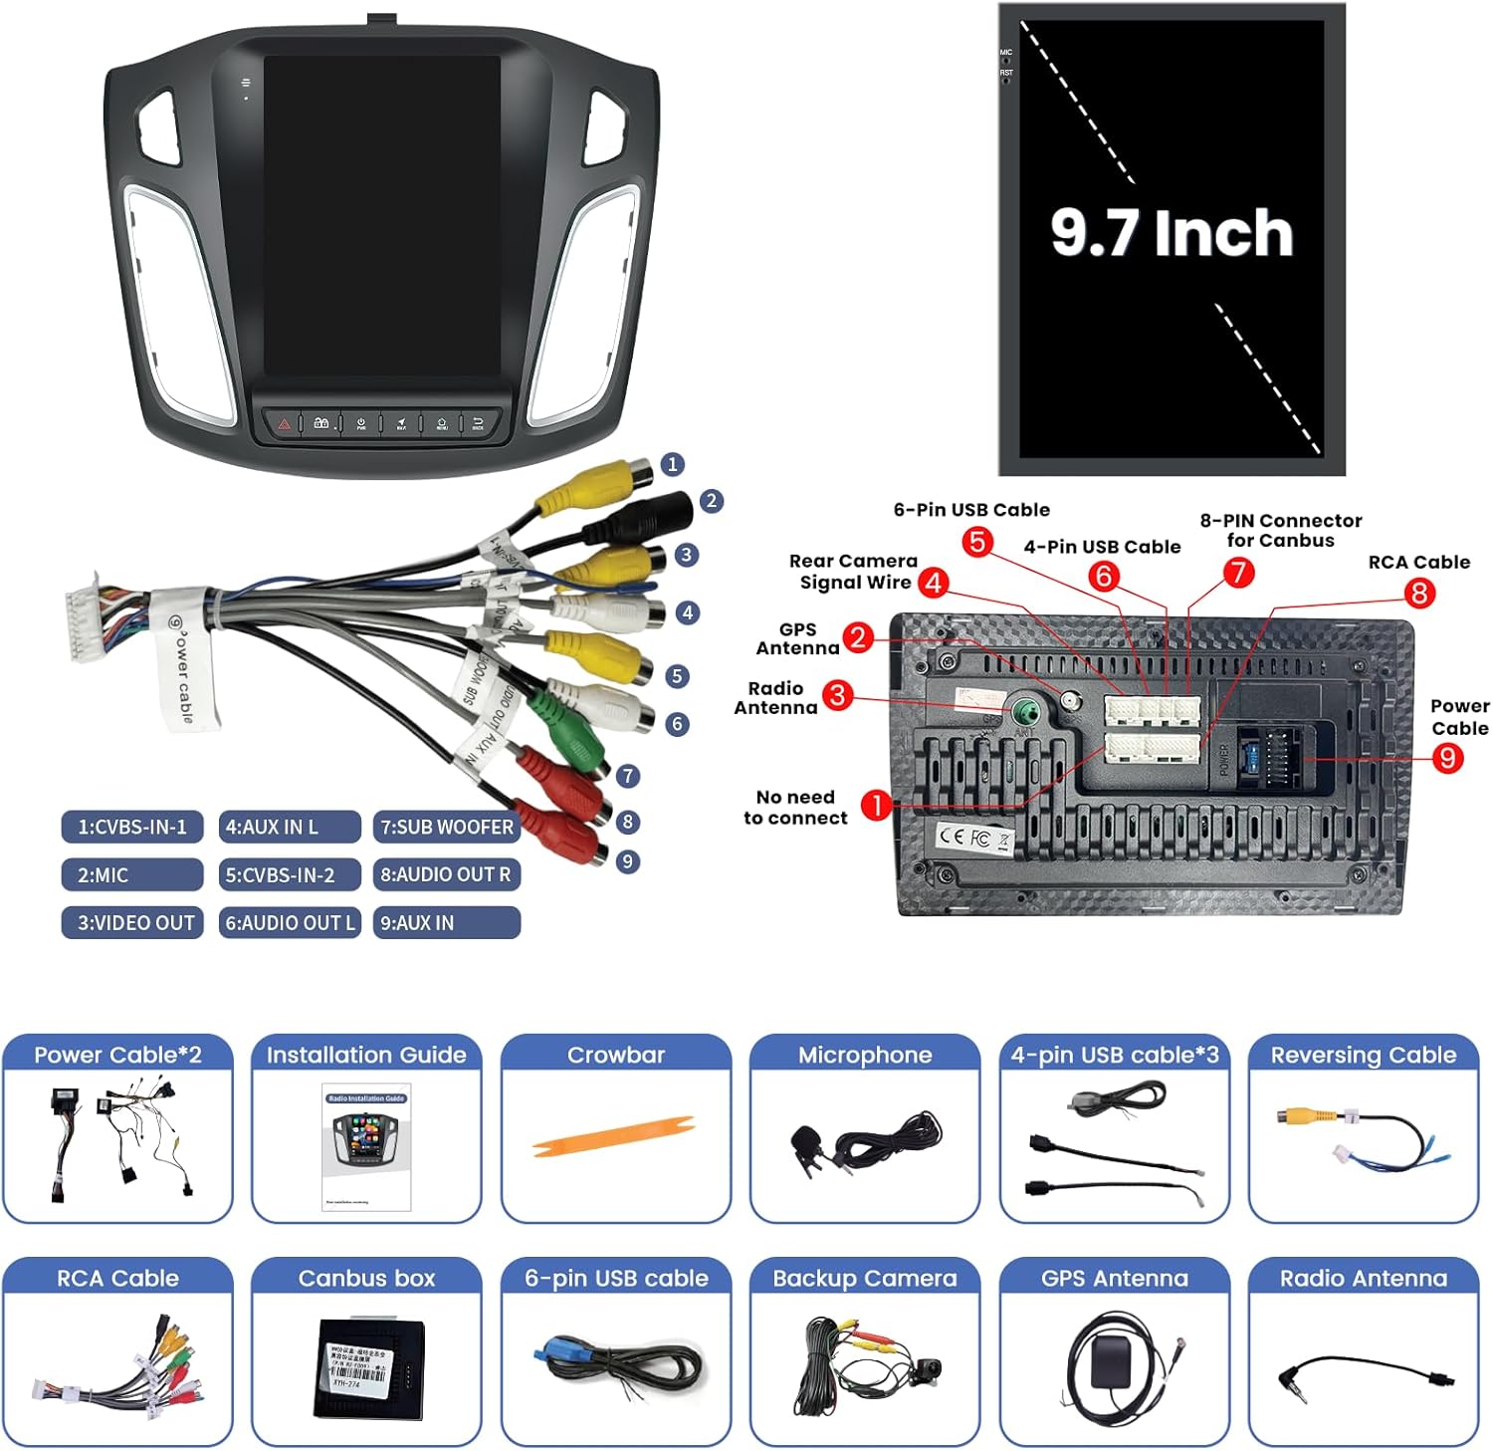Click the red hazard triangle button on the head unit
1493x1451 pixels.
285,423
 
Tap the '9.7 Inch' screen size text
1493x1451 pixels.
1172,233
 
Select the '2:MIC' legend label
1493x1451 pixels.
131,875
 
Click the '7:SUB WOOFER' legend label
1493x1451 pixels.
447,827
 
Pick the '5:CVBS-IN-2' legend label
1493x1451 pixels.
289,875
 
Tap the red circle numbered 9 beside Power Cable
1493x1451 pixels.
1447,759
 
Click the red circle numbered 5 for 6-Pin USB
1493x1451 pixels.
977,542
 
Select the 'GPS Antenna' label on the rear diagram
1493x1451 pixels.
797,638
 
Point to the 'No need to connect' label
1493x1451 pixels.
795,808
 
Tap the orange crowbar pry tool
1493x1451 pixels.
613,1136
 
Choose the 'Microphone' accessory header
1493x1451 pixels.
865,1056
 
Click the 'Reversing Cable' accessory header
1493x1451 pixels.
1363,1056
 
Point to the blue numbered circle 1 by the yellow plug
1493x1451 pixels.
673,464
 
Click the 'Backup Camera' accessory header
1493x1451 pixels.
865,1279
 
